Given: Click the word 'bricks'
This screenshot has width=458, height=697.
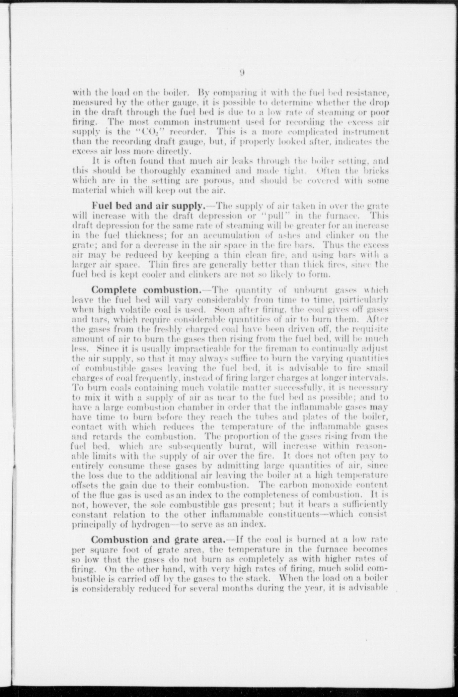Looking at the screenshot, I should (377, 171).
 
